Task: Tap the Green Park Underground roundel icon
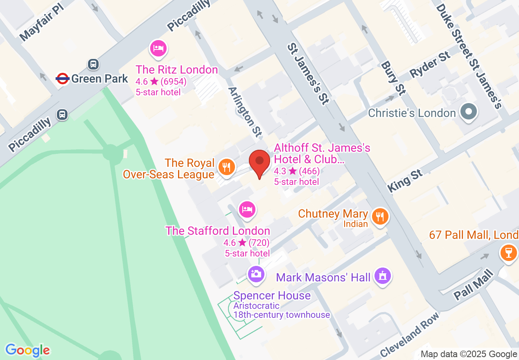pyautogui.click(x=62, y=79)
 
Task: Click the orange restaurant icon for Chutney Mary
pyautogui.click(x=380, y=216)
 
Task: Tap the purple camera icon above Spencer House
pyautogui.click(x=256, y=273)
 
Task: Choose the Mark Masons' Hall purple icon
pyautogui.click(x=383, y=276)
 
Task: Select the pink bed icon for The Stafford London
pyautogui.click(x=247, y=209)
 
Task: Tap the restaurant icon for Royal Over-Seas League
pyautogui.click(x=226, y=167)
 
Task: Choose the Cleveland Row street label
pyautogui.click(x=410, y=335)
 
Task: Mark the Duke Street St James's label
pyautogui.click(x=469, y=56)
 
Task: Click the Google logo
pyautogui.click(x=27, y=350)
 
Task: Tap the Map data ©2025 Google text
pyautogui.click(x=469, y=354)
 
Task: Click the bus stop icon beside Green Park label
pyautogui.click(x=93, y=64)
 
